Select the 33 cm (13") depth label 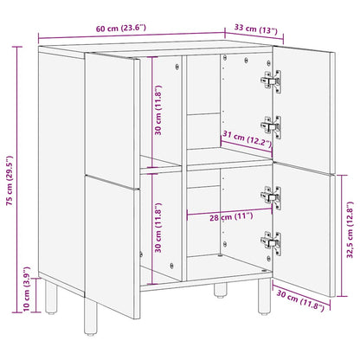[x=257, y=32]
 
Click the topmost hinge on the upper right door [x=269, y=80]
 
